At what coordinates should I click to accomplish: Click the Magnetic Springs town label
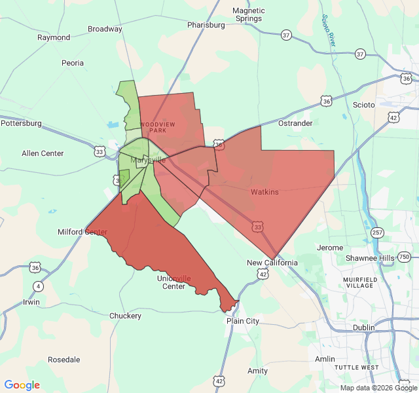tap(249, 14)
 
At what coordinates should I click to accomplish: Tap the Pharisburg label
tap(206, 25)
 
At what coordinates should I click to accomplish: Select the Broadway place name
tap(105, 29)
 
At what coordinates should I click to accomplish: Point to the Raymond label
tap(54, 37)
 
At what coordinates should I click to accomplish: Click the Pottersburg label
tap(21, 123)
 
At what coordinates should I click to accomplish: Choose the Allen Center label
tap(43, 153)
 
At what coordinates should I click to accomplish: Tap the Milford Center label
tap(82, 232)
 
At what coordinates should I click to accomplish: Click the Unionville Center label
tap(174, 282)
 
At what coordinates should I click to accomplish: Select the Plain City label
tap(242, 321)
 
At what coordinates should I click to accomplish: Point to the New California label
tap(272, 263)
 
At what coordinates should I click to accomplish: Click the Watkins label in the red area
tap(264, 192)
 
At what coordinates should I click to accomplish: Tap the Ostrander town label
tap(295, 123)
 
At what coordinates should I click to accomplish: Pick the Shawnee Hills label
tap(371, 258)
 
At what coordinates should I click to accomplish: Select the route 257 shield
tap(377, 233)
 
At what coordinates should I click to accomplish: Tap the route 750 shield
tap(405, 257)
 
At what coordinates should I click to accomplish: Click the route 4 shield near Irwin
tap(39, 286)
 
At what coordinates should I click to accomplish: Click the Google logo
tap(22, 385)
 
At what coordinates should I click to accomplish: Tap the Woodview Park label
tap(158, 126)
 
